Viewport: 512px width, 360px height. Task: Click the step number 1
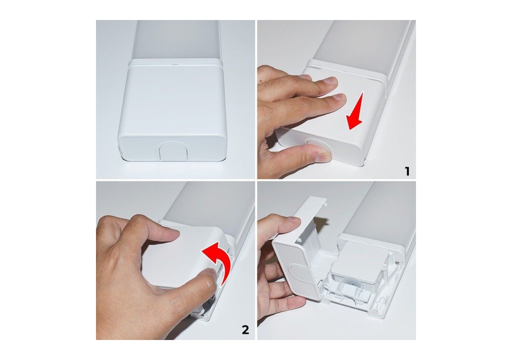[x=407, y=171]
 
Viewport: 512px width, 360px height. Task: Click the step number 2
[x=245, y=330]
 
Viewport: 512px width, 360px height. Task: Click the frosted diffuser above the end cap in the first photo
[x=176, y=40]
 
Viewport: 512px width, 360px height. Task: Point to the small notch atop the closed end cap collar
[x=175, y=64]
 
